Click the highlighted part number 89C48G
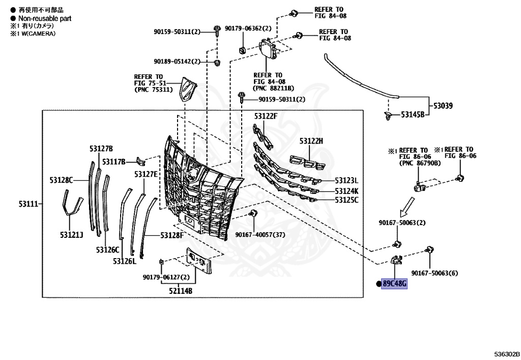click(x=395, y=284)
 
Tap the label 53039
click(x=443, y=106)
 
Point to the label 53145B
click(x=412, y=115)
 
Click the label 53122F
click(x=266, y=117)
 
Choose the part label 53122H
click(x=311, y=141)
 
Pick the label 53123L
click(x=346, y=181)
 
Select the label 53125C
click(x=346, y=200)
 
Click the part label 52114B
click(x=182, y=291)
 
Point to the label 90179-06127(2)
click(x=166, y=277)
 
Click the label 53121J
click(x=73, y=235)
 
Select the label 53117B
click(x=113, y=162)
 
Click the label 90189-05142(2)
click(x=177, y=62)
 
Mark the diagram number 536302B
click(x=506, y=353)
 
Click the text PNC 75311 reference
click(x=154, y=90)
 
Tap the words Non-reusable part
click(x=45, y=18)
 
